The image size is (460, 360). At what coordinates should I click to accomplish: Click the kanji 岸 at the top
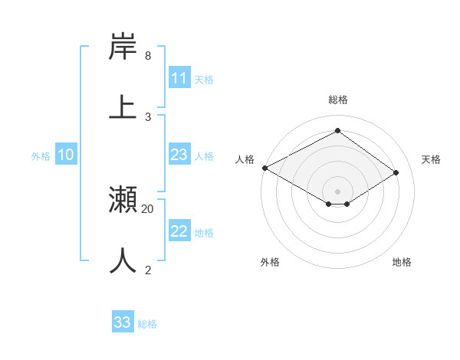point(123,47)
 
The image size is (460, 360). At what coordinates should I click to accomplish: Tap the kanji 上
point(123,107)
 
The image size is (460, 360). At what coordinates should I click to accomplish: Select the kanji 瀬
point(123,201)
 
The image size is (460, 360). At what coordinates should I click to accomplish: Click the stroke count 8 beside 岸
point(148,56)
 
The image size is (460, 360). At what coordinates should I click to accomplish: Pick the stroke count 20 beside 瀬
point(148,208)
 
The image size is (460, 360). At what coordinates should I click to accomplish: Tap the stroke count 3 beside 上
point(148,116)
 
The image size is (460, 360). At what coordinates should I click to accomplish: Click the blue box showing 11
point(179,78)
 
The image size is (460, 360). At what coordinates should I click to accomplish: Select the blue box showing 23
point(179,155)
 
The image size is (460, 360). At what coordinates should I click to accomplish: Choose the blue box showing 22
point(179,231)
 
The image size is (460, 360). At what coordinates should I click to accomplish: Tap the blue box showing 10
point(66,155)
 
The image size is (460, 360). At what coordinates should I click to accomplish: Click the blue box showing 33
point(123,322)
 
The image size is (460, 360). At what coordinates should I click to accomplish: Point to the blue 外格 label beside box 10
point(41,156)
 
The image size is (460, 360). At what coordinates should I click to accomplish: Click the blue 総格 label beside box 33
point(147,324)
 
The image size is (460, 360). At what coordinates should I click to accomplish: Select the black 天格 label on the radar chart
point(431,159)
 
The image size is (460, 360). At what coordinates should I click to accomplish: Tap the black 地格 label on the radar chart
point(402,262)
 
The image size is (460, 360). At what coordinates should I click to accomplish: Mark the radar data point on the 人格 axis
point(264,168)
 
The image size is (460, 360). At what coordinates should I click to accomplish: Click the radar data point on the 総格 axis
point(337,130)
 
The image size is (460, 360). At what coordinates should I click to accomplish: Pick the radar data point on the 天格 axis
point(396,172)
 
